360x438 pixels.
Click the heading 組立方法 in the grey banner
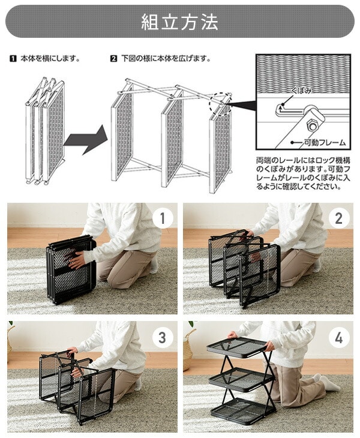click(x=179, y=22)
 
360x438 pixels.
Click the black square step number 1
click(x=13, y=59)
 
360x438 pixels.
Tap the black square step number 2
click(x=113, y=59)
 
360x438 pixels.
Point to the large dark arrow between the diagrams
click(x=86, y=139)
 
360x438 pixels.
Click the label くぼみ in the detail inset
click(x=301, y=90)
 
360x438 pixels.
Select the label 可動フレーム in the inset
click(x=325, y=142)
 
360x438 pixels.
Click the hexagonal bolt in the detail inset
click(x=311, y=125)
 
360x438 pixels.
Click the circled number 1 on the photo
click(x=163, y=218)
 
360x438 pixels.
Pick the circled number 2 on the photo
click(x=338, y=218)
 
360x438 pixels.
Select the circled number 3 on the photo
click(x=163, y=337)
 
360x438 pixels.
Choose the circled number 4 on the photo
click(x=338, y=337)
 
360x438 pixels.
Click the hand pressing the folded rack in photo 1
click(x=75, y=259)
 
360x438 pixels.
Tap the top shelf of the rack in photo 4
click(x=237, y=347)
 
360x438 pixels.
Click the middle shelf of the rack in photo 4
click(x=241, y=379)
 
